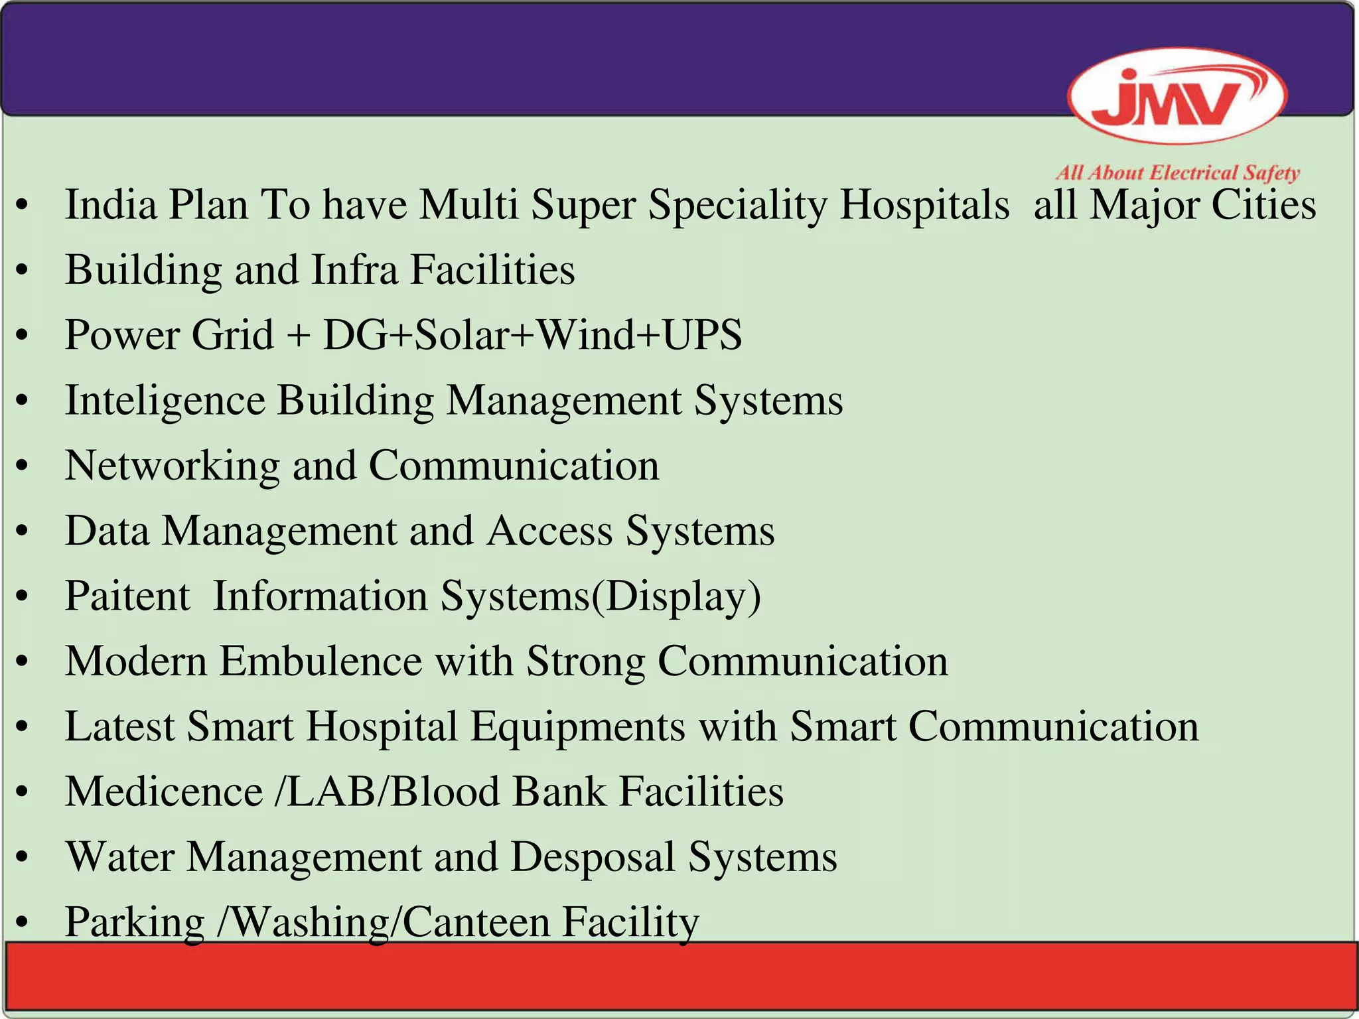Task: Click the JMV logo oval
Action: click(x=1177, y=97)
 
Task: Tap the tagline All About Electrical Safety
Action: click(x=1177, y=173)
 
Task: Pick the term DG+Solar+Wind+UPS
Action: click(x=532, y=334)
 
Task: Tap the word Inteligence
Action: click(x=165, y=401)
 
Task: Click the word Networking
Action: click(x=172, y=466)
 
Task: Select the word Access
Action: click(x=549, y=531)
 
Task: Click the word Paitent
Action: click(x=127, y=596)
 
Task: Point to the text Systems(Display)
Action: click(x=601, y=596)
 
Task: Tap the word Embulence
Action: click(x=321, y=661)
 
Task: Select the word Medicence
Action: click(x=164, y=791)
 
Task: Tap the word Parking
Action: click(x=135, y=922)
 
